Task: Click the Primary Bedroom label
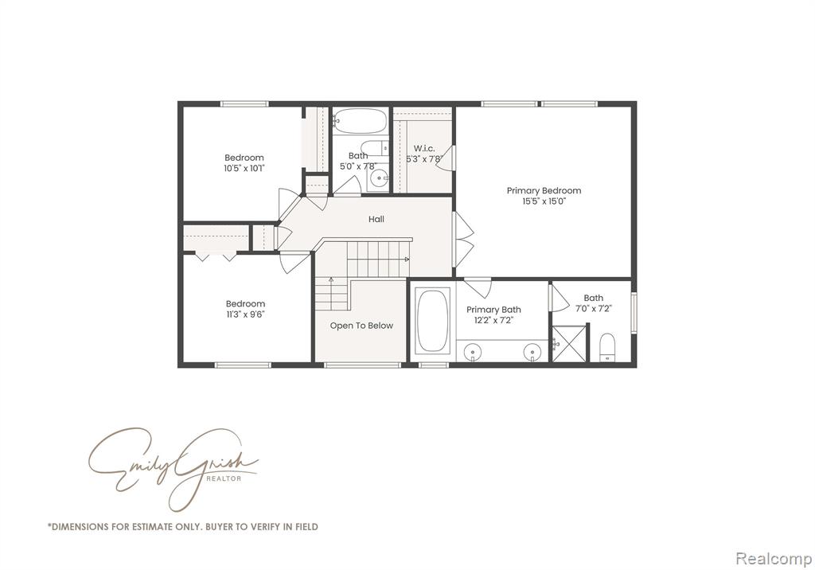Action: point(544,190)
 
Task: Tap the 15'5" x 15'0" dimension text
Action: point(544,201)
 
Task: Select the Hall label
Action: point(376,219)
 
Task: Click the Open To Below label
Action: point(362,326)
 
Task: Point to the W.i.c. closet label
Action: point(424,148)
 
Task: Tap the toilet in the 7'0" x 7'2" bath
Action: point(607,347)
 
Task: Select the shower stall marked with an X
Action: point(569,343)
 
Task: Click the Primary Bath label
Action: point(493,310)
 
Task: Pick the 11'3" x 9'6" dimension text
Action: point(245,314)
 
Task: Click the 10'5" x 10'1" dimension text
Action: point(245,168)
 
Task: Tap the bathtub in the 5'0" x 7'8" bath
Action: point(360,121)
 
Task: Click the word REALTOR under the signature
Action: point(224,478)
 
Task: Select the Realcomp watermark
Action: point(774,559)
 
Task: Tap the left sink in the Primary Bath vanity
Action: point(473,352)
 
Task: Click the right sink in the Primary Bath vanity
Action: point(532,352)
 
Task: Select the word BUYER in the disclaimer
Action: point(220,526)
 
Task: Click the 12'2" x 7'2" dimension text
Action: point(493,320)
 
